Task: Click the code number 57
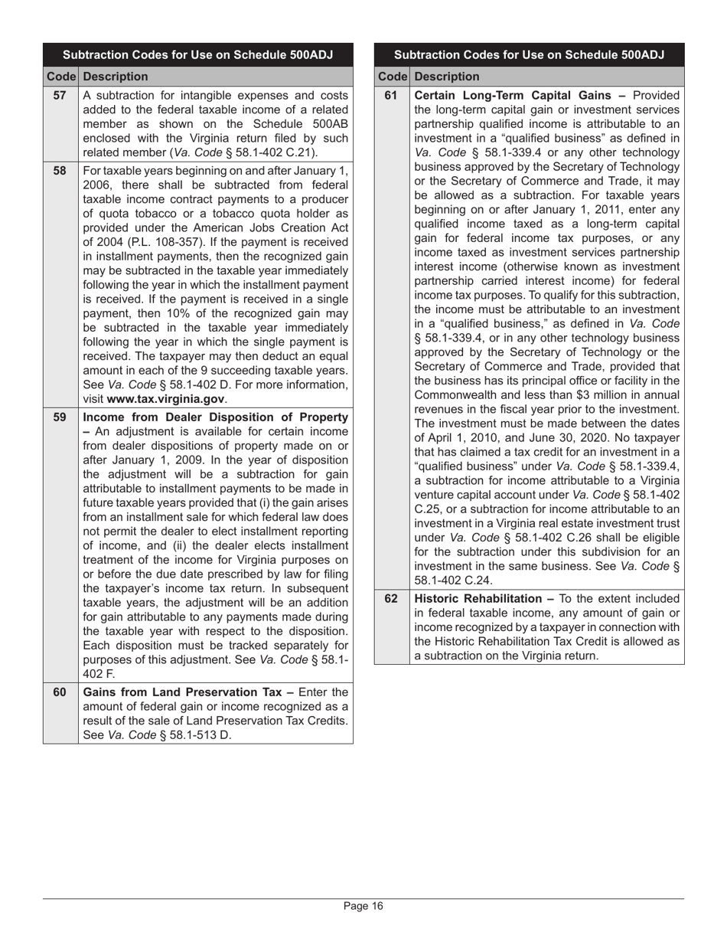coord(60,96)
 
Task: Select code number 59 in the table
coord(60,417)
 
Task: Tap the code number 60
coord(60,692)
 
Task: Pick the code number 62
coord(391,598)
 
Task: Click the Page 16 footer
coord(363,907)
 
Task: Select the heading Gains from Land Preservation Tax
coord(184,692)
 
